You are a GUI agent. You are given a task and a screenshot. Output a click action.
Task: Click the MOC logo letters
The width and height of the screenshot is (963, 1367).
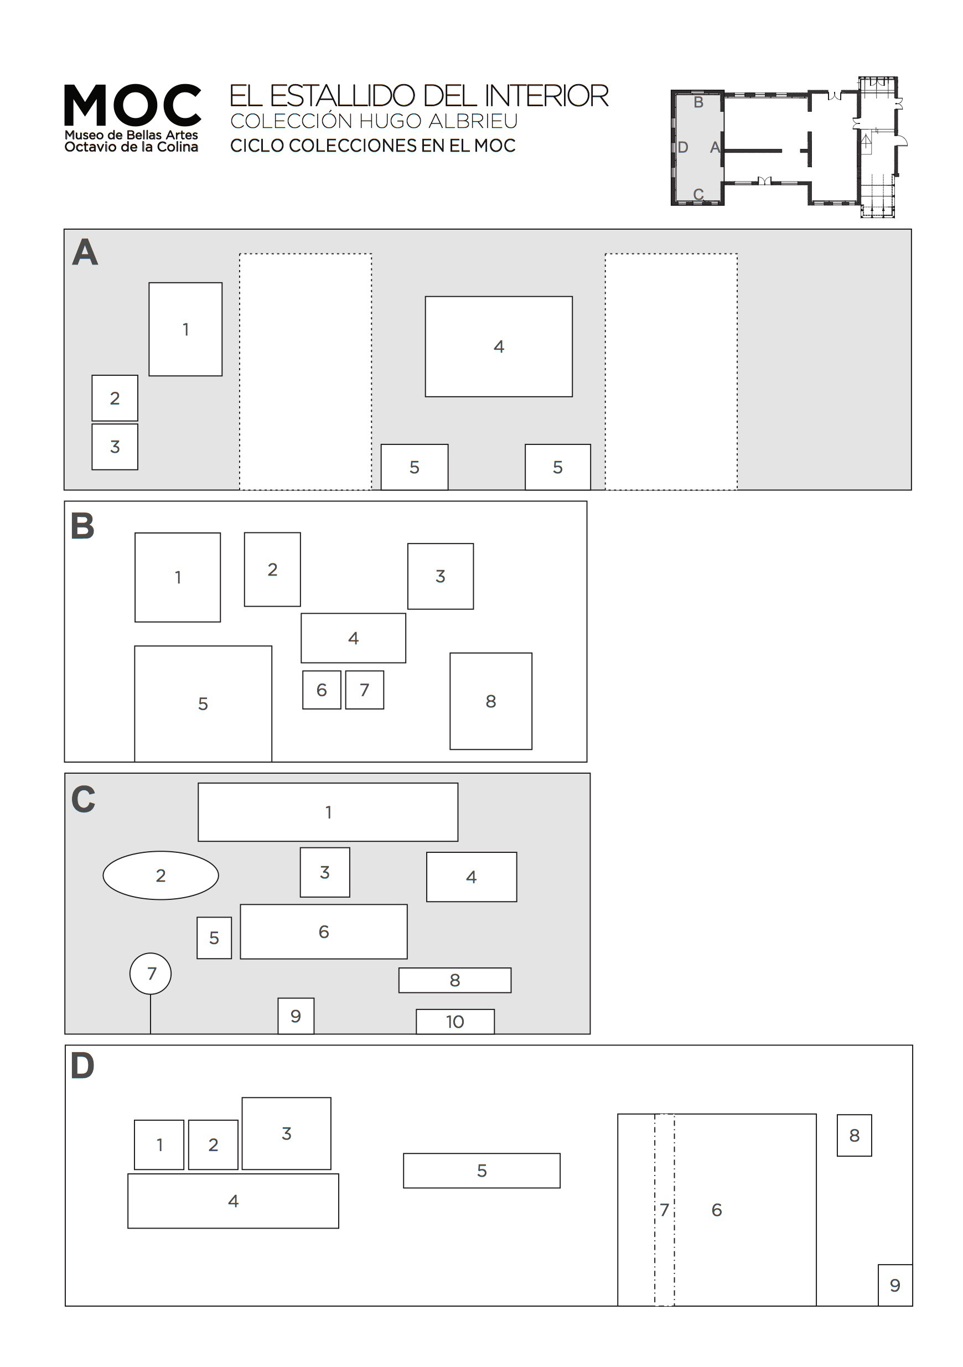(x=132, y=105)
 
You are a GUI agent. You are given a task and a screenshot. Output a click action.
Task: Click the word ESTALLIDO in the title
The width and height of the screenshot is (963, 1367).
(x=342, y=96)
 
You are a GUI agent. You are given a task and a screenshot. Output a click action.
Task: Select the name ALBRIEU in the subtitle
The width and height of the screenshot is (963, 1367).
(x=473, y=121)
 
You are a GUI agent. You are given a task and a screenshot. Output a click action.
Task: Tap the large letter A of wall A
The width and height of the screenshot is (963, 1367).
(x=85, y=252)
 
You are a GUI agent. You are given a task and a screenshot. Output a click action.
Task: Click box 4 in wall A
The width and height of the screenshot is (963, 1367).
(x=499, y=346)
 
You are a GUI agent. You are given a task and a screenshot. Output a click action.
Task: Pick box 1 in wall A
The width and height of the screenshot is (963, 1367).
(x=185, y=329)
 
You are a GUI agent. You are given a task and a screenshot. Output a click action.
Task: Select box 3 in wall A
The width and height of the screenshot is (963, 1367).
(x=115, y=447)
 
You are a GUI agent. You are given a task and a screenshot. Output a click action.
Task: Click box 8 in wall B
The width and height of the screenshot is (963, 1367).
(x=491, y=701)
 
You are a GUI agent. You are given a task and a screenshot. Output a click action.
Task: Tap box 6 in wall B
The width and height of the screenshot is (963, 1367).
(x=322, y=690)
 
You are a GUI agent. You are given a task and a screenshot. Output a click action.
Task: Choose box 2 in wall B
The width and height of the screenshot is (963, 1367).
(x=272, y=569)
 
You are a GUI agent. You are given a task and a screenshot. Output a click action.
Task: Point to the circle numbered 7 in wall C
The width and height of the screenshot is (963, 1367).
(x=151, y=974)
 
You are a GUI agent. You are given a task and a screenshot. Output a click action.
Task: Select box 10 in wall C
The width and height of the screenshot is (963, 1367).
(x=455, y=1022)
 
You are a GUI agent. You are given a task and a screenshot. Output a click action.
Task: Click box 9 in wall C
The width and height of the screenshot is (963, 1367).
(x=296, y=1016)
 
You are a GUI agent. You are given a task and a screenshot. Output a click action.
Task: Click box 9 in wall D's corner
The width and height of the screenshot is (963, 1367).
(x=894, y=1285)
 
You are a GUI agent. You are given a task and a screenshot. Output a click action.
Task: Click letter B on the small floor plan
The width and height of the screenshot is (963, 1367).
(x=698, y=102)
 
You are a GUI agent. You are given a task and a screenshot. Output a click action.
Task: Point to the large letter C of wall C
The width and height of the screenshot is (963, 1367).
(x=84, y=799)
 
